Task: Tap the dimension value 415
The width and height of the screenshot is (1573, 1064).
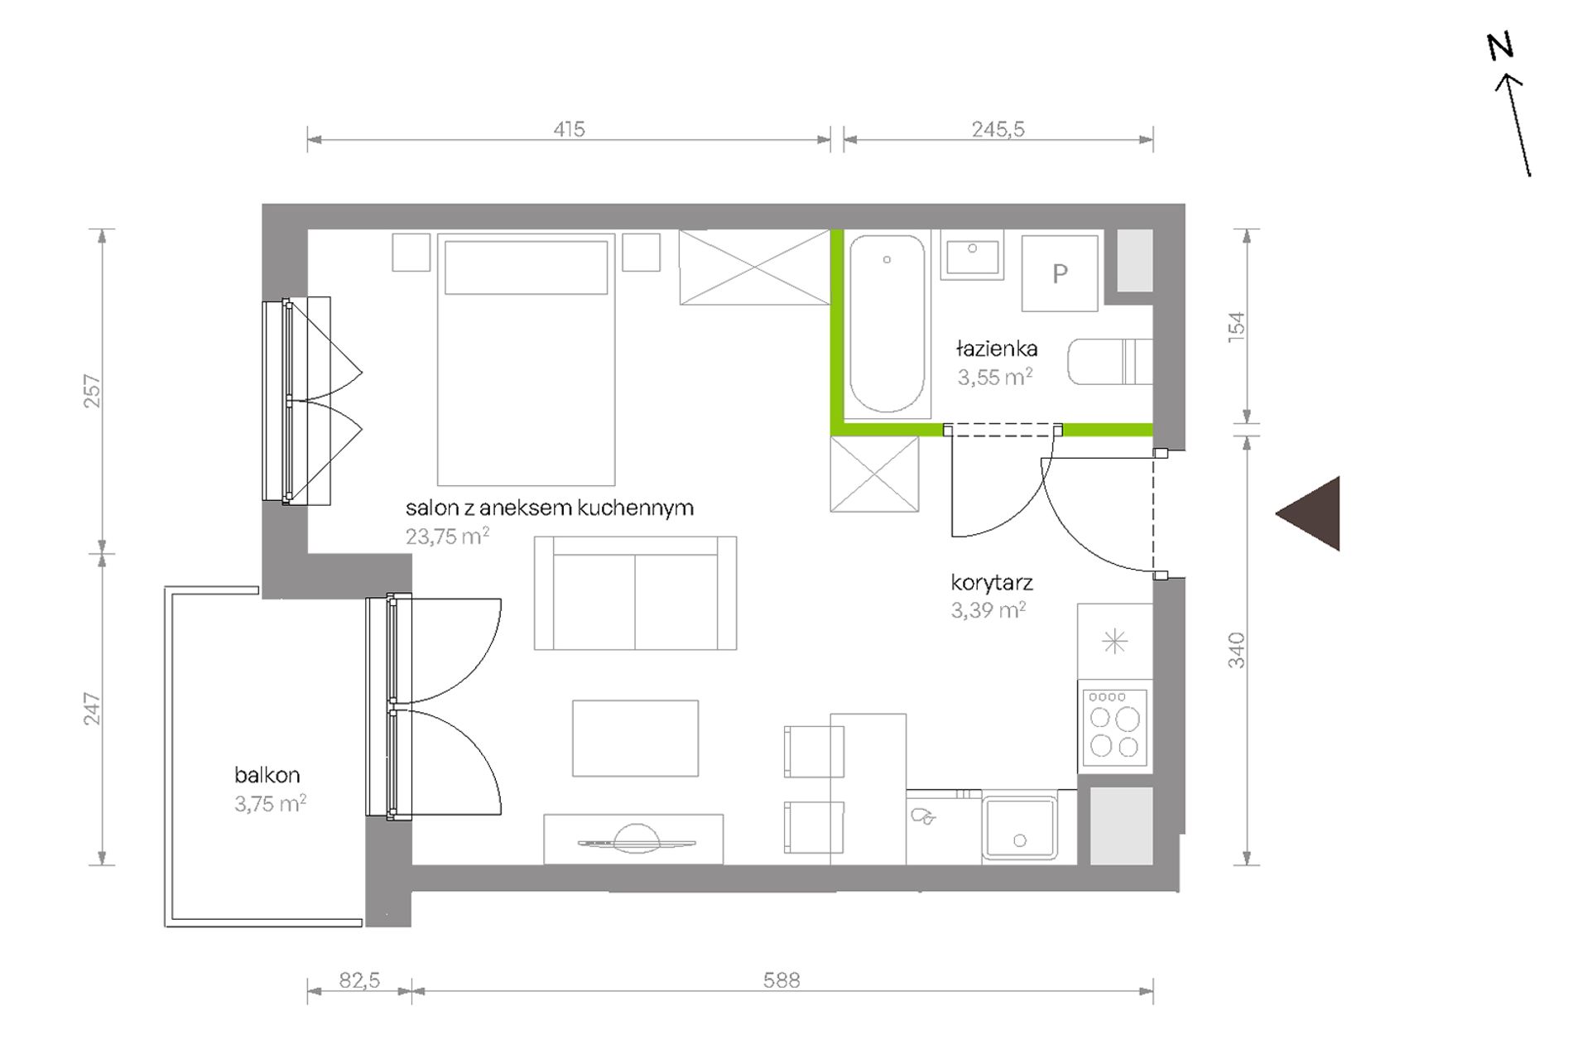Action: click(569, 129)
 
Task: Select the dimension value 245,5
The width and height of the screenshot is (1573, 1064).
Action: click(998, 129)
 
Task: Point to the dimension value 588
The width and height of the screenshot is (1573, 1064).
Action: click(782, 980)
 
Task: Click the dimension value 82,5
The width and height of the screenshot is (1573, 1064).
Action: click(359, 980)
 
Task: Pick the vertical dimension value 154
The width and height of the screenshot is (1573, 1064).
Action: click(1236, 326)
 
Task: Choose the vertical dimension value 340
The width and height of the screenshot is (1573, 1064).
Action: click(1236, 650)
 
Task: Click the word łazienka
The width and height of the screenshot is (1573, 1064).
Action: click(997, 349)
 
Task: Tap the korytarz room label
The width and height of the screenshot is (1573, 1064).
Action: click(992, 583)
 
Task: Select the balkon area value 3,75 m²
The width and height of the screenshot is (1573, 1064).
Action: click(271, 803)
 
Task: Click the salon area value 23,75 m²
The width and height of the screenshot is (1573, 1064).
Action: click(447, 536)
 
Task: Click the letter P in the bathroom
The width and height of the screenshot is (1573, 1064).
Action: click(1060, 273)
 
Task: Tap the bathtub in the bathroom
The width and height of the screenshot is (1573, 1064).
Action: click(888, 324)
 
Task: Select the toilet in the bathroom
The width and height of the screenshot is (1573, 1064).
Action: click(1110, 362)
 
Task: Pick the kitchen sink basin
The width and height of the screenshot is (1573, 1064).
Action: click(1020, 827)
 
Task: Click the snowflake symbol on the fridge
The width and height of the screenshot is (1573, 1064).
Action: click(1115, 641)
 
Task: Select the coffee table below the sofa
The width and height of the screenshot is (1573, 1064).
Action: click(635, 739)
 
